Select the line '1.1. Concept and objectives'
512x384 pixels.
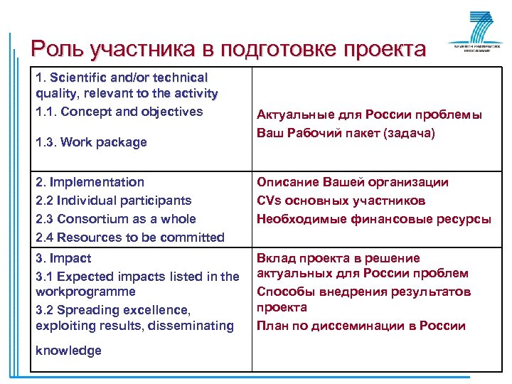119,112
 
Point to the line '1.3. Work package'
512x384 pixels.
91,142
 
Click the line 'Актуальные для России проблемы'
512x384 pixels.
369,114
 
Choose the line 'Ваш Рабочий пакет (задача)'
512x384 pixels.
346,133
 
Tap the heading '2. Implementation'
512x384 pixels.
90,182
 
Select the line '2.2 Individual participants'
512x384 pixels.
113,201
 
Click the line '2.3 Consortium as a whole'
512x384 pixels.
115,219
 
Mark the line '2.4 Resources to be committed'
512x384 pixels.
129,238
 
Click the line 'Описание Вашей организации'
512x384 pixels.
353,182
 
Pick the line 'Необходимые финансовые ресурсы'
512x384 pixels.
373,219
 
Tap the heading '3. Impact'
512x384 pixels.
63,258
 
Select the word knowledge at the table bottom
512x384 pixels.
68,351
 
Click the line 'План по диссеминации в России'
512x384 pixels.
361,326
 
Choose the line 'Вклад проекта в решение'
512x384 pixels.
338,258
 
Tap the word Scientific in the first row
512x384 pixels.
78,77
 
